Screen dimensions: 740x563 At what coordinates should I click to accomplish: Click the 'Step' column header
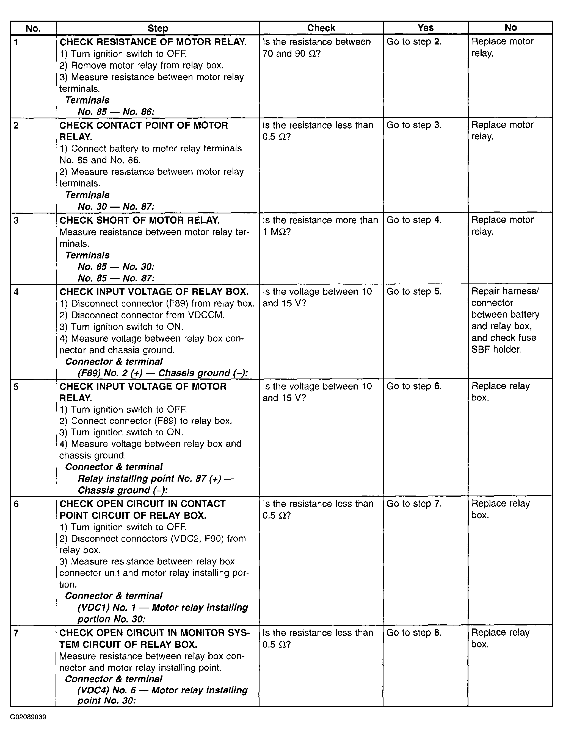pyautogui.click(x=158, y=28)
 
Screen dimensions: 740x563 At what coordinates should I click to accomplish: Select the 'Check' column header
pyautogui.click(x=321, y=28)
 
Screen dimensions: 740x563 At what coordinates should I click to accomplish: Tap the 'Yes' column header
pyautogui.click(x=425, y=27)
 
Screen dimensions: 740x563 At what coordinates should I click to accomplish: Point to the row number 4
pyautogui.click(x=16, y=292)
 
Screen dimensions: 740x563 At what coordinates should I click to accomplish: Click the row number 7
pyautogui.click(x=16, y=633)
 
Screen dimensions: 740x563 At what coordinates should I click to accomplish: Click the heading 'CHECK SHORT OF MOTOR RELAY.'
pyautogui.click(x=139, y=220)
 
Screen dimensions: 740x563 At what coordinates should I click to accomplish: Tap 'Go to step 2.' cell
pyautogui.click(x=414, y=42)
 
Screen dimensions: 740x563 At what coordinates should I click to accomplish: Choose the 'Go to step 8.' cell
pyautogui.click(x=414, y=633)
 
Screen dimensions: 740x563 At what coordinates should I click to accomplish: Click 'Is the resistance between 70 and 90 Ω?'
pyautogui.click(x=316, y=48)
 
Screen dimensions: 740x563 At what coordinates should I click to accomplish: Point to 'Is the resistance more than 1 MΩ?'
pyautogui.click(x=320, y=226)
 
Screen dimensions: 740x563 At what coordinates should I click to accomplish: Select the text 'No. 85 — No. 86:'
pyautogui.click(x=116, y=112)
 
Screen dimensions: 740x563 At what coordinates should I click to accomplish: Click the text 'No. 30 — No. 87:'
pyautogui.click(x=116, y=207)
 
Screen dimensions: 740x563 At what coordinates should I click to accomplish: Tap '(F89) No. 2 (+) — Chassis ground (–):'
pyautogui.click(x=162, y=373)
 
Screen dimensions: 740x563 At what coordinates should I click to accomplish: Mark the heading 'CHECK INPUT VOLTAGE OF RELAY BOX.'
pyautogui.click(x=154, y=292)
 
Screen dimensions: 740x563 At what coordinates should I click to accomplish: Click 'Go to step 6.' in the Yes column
pyautogui.click(x=414, y=386)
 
